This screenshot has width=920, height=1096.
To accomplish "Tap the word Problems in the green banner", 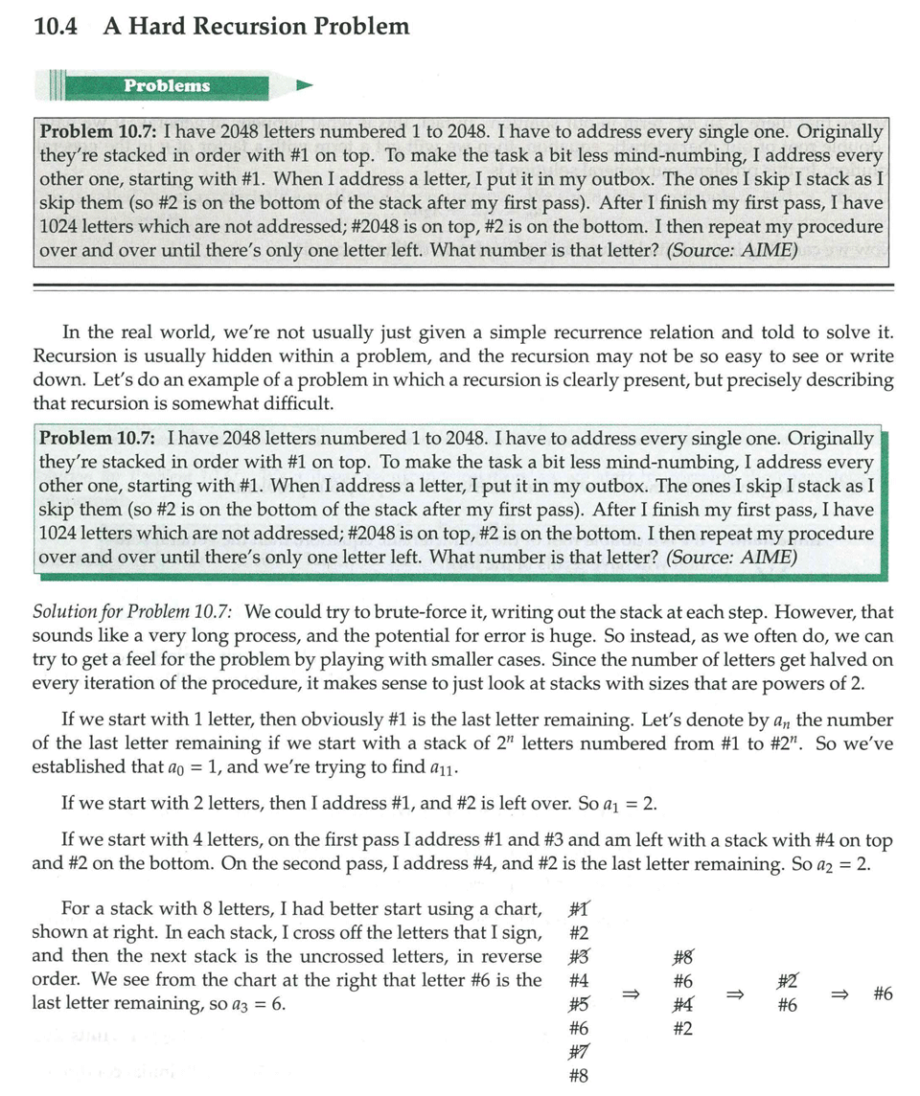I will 166,85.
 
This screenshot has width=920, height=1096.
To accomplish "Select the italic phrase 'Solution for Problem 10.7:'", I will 137,611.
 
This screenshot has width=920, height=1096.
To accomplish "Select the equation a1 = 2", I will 629,804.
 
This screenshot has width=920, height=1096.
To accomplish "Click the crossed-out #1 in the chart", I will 578,909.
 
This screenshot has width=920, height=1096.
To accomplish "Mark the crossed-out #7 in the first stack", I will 578,1051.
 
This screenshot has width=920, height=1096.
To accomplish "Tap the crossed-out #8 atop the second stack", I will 683,957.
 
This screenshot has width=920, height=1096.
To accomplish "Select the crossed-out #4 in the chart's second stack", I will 683,1005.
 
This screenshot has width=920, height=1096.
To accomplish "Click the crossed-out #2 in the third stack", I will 787,981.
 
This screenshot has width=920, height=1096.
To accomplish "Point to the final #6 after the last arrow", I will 883,993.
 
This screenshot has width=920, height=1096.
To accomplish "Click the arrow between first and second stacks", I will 630,994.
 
